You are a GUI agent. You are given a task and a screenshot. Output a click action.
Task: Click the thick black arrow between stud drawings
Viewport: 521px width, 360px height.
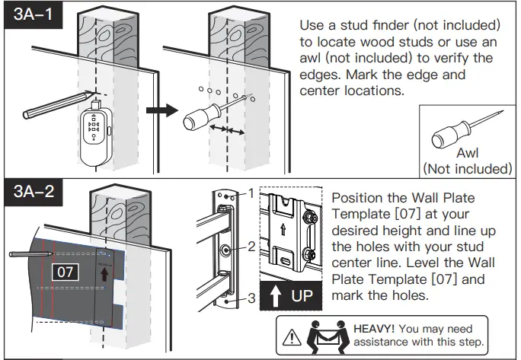tap(157, 111)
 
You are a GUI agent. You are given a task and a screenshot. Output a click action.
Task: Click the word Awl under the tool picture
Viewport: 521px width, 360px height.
tap(467, 154)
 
